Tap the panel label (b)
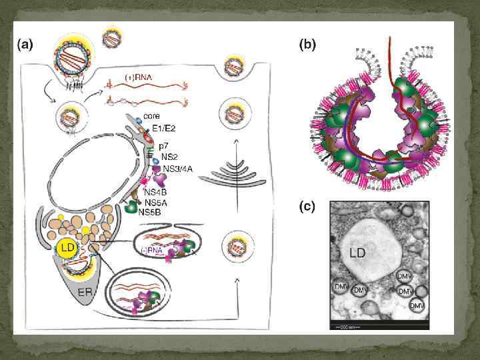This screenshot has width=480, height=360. [x=307, y=45]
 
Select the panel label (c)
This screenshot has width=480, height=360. [x=307, y=207]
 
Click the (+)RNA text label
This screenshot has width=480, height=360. [x=139, y=77]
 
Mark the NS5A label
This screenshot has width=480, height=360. [x=156, y=203]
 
